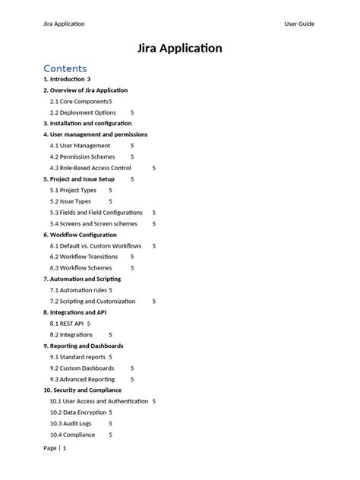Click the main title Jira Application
(x=180, y=49)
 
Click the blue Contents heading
(x=65, y=68)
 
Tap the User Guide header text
(x=299, y=24)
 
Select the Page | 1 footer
(x=55, y=448)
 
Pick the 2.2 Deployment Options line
(x=83, y=112)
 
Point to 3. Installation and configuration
(x=87, y=123)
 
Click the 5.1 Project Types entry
(x=73, y=190)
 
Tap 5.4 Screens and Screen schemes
(x=93, y=224)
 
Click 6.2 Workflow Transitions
(x=84, y=257)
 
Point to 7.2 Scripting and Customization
(x=92, y=302)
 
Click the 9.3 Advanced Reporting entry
(x=82, y=379)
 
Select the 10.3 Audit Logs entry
(x=71, y=424)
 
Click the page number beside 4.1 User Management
(x=131, y=146)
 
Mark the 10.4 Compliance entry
(x=72, y=435)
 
